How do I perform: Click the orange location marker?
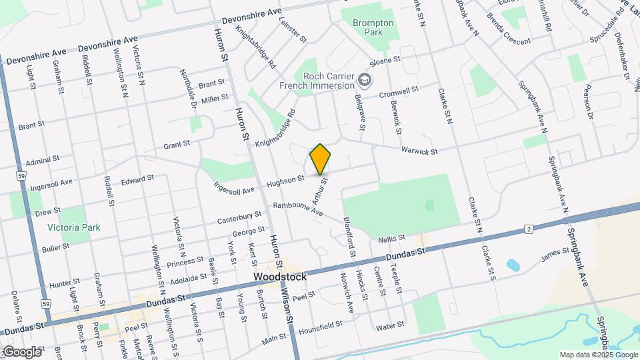(x=320, y=159)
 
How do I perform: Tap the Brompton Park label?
(x=373, y=27)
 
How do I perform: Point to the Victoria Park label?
(x=73, y=227)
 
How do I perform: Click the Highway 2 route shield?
(x=529, y=229)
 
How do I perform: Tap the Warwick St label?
(x=419, y=152)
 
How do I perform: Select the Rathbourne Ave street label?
(x=297, y=209)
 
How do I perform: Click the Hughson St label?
(x=285, y=179)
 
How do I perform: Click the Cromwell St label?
(x=399, y=91)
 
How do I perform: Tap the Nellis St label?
(x=391, y=238)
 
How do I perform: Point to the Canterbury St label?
(x=239, y=217)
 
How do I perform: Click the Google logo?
(x=21, y=351)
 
